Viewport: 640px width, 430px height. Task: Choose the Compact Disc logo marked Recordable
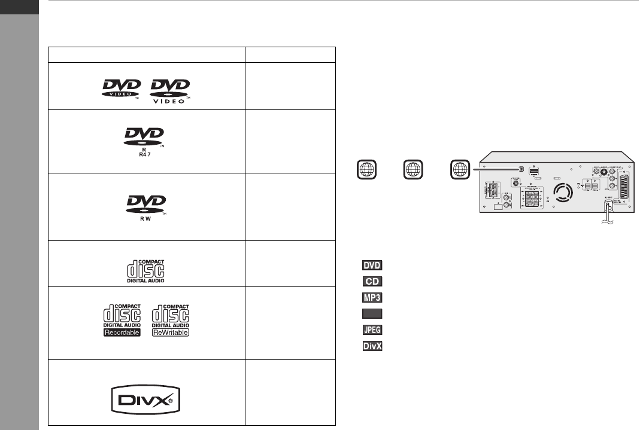tap(120, 321)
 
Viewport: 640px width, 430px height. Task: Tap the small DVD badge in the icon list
tap(372, 265)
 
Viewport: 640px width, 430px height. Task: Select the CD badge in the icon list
tap(372, 281)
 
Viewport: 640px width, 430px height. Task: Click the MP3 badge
tap(372, 297)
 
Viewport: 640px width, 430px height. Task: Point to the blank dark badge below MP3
tap(372, 313)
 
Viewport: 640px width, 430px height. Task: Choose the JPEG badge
tap(372, 330)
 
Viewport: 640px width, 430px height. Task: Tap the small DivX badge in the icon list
tap(372, 346)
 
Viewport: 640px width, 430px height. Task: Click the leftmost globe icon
tap(363, 169)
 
